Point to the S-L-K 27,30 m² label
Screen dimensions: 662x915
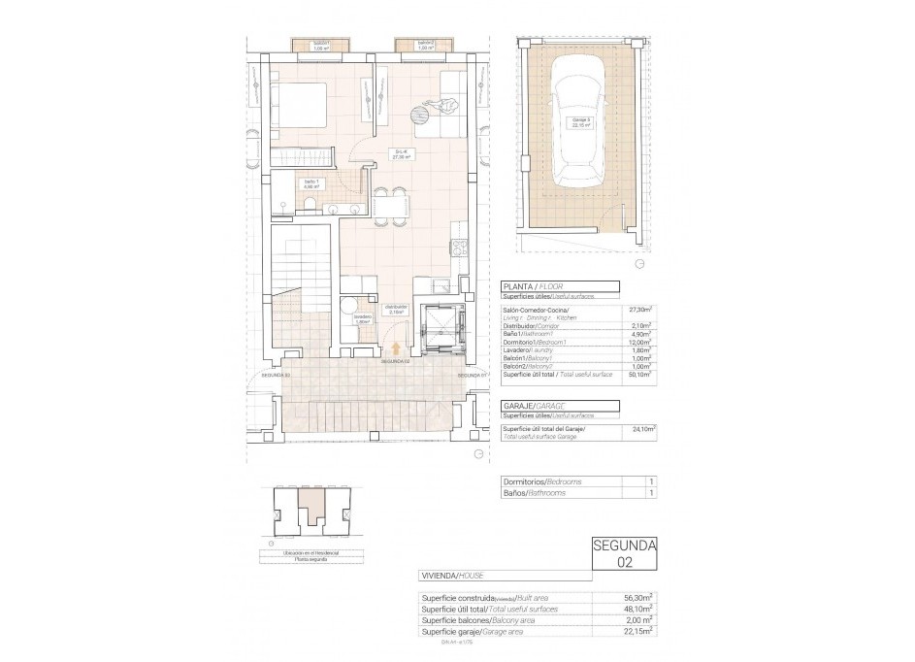pyautogui.click(x=402, y=153)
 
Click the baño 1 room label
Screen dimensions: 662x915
pyautogui.click(x=284, y=183)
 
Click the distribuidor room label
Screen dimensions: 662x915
pyautogui.click(x=396, y=311)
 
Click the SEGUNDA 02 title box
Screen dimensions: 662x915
pyautogui.click(x=624, y=552)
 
